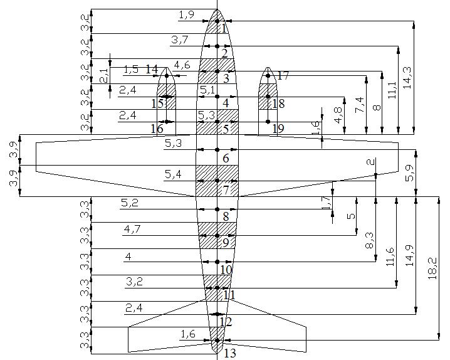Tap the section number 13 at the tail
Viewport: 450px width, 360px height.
(230, 353)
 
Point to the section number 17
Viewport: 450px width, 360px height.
(283, 75)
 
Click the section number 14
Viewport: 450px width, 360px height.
(152, 69)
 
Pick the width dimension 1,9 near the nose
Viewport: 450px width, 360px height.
(186, 14)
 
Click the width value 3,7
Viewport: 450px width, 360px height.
(179, 40)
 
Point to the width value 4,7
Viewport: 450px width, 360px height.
(132, 230)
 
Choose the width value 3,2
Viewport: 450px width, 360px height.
(134, 282)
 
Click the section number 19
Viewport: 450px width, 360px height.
(278, 129)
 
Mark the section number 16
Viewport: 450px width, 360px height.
(157, 129)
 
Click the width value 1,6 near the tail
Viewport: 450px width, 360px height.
(188, 334)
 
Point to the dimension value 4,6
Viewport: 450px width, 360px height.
(182, 65)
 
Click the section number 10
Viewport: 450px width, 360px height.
(226, 270)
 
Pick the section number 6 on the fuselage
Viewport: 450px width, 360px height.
(226, 159)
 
